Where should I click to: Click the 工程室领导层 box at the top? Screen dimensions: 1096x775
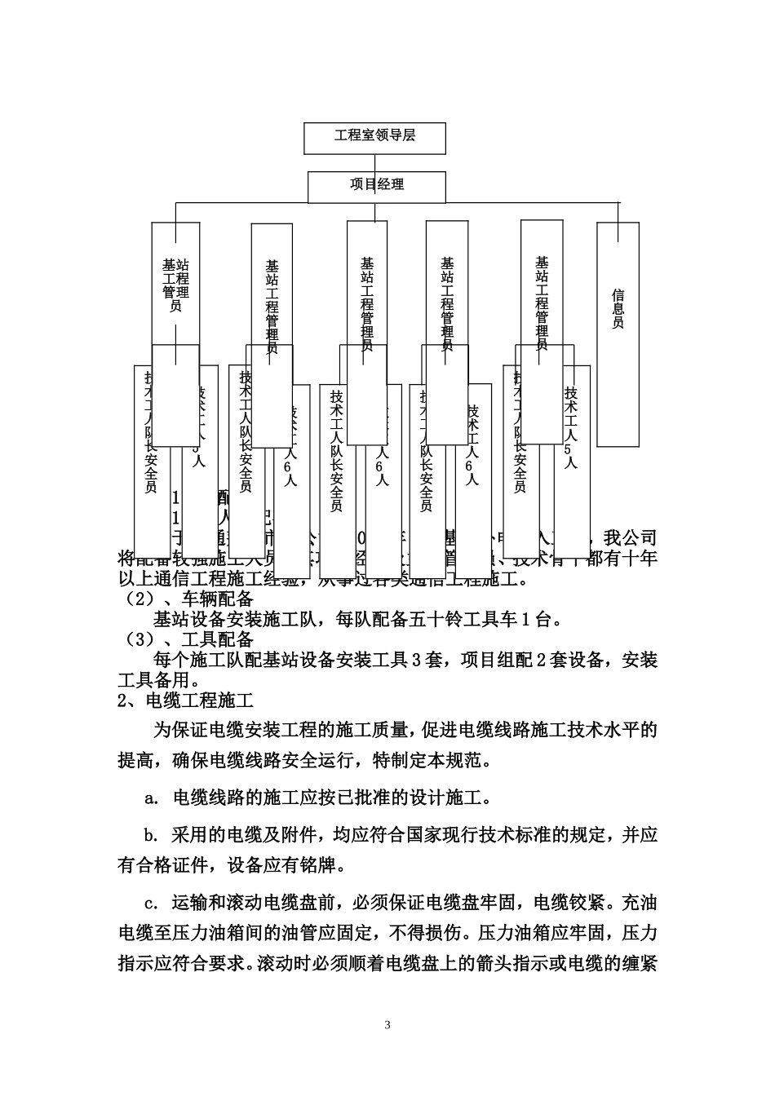[374, 137]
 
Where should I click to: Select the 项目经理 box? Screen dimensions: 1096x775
[377, 185]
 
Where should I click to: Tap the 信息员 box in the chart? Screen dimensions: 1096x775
[618, 309]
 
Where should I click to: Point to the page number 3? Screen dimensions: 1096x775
[387, 1024]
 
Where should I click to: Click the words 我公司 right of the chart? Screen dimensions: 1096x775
[629, 538]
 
